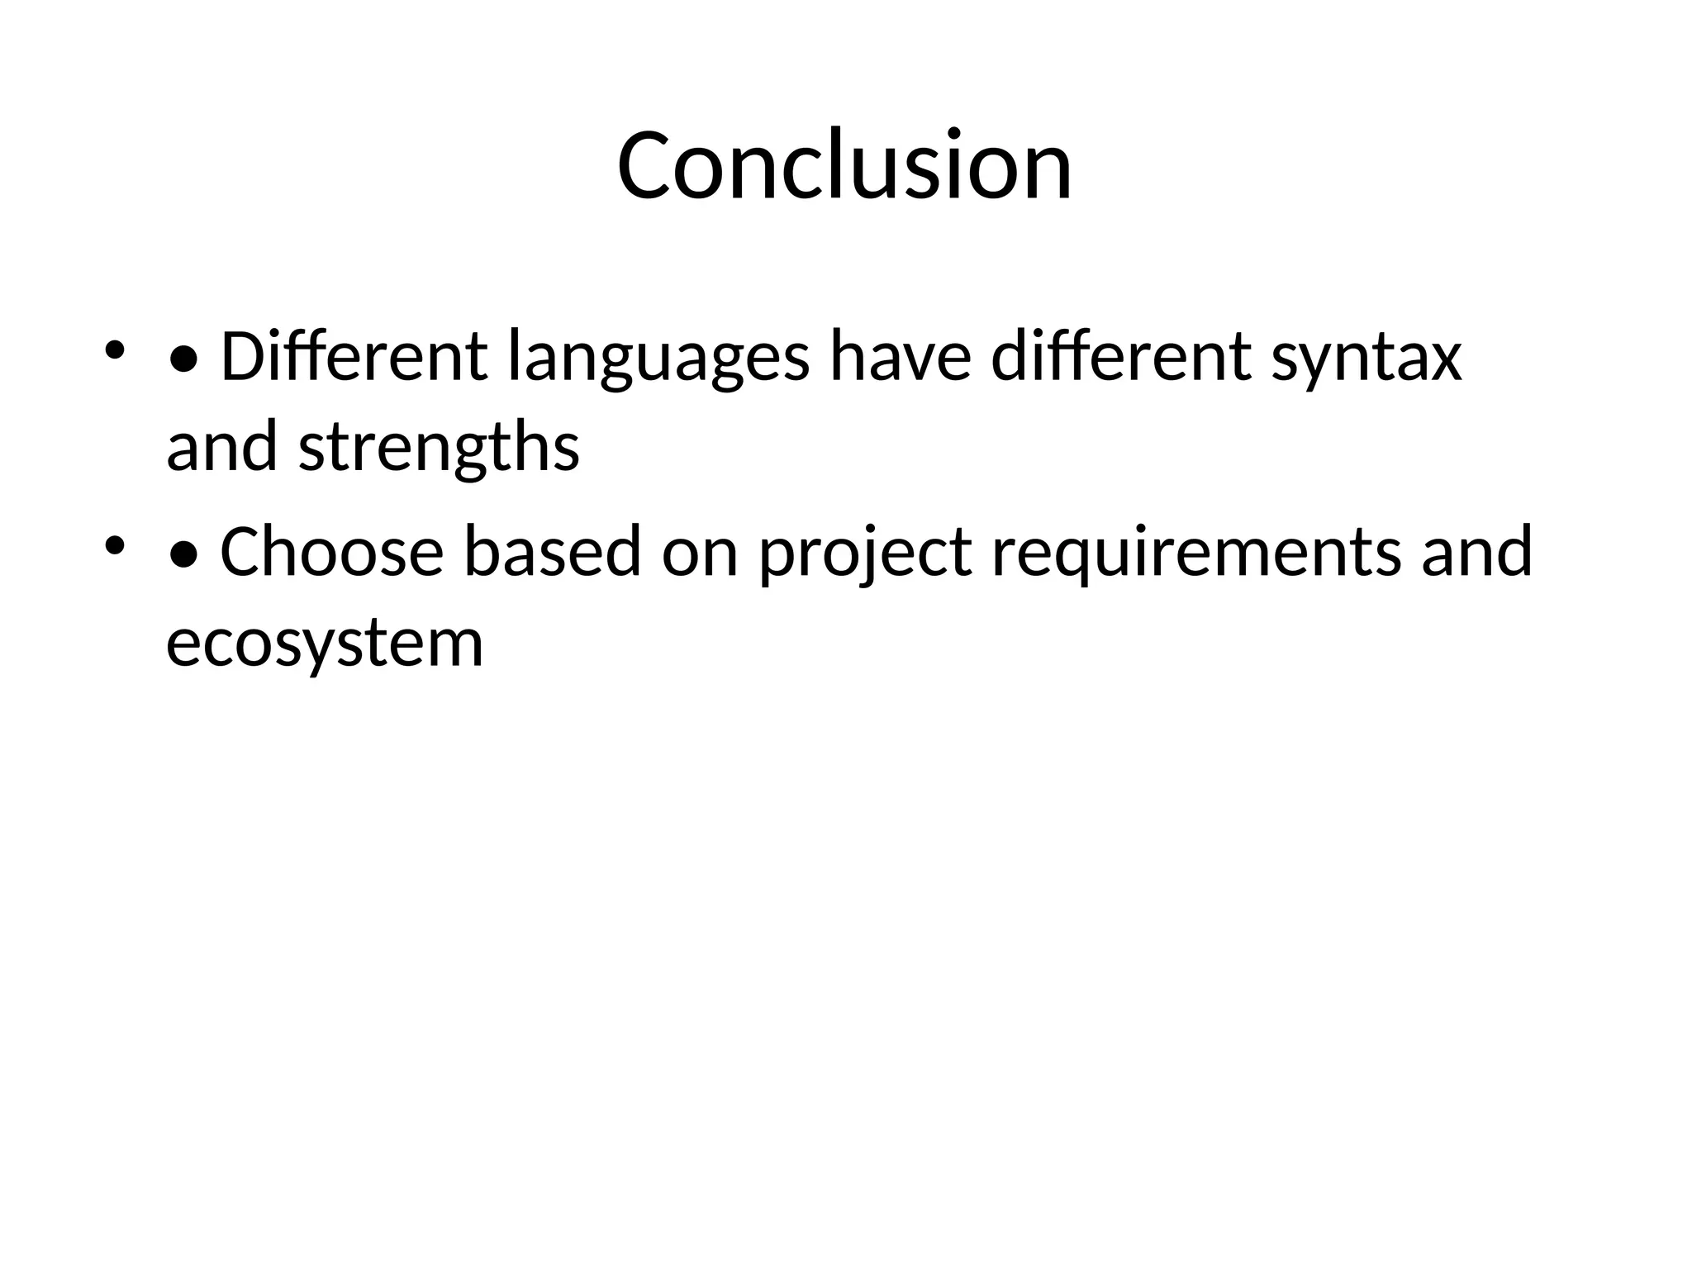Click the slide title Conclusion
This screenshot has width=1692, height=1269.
pos(844,165)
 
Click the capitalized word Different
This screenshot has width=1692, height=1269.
pos(354,357)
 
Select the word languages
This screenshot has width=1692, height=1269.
pos(658,359)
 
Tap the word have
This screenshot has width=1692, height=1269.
pos(900,357)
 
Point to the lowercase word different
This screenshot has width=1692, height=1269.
pos(1121,357)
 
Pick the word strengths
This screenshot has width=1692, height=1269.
pos(439,449)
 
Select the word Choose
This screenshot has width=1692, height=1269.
pos(332,552)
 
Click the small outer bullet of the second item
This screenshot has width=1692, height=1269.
pos(114,544)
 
